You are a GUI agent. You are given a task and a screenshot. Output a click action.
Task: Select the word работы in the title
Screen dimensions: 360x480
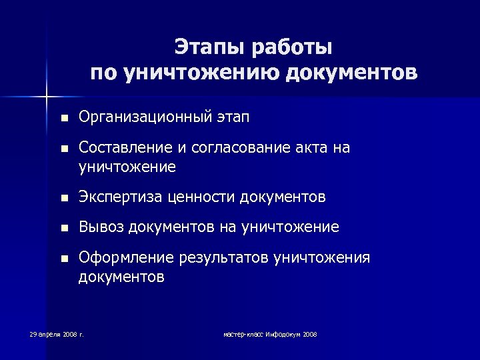click(x=291, y=48)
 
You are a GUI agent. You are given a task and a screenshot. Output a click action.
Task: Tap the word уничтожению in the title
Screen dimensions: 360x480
click(x=200, y=72)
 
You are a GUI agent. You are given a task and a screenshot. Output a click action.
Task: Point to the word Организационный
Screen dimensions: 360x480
click(x=144, y=118)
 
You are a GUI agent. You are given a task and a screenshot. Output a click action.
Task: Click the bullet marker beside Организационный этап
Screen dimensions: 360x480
click(x=63, y=119)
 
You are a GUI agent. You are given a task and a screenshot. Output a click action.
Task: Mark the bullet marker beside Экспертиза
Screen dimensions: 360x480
click(x=63, y=197)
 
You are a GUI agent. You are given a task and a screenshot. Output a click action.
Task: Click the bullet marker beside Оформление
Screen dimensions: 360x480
click(x=63, y=258)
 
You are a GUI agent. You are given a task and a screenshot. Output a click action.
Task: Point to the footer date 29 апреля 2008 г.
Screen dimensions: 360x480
click(x=57, y=333)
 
